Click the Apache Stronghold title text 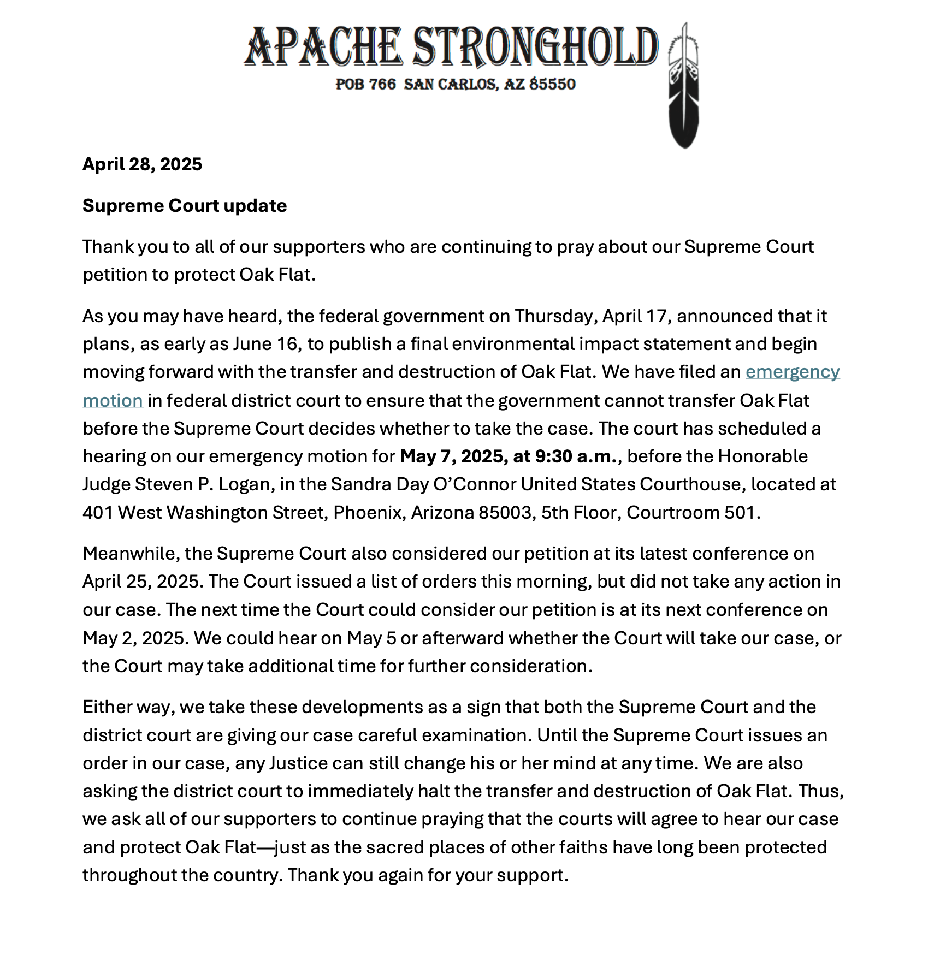point(451,47)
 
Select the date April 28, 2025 point(142,164)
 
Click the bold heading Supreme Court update point(185,206)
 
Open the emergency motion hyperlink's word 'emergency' point(792,372)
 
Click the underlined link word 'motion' point(113,401)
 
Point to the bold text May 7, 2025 point(453,456)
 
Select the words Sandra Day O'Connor point(423,484)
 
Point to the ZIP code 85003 point(505,513)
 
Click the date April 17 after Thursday point(635,316)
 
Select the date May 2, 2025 point(135,638)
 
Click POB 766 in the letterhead point(365,84)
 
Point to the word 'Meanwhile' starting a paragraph point(131,554)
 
